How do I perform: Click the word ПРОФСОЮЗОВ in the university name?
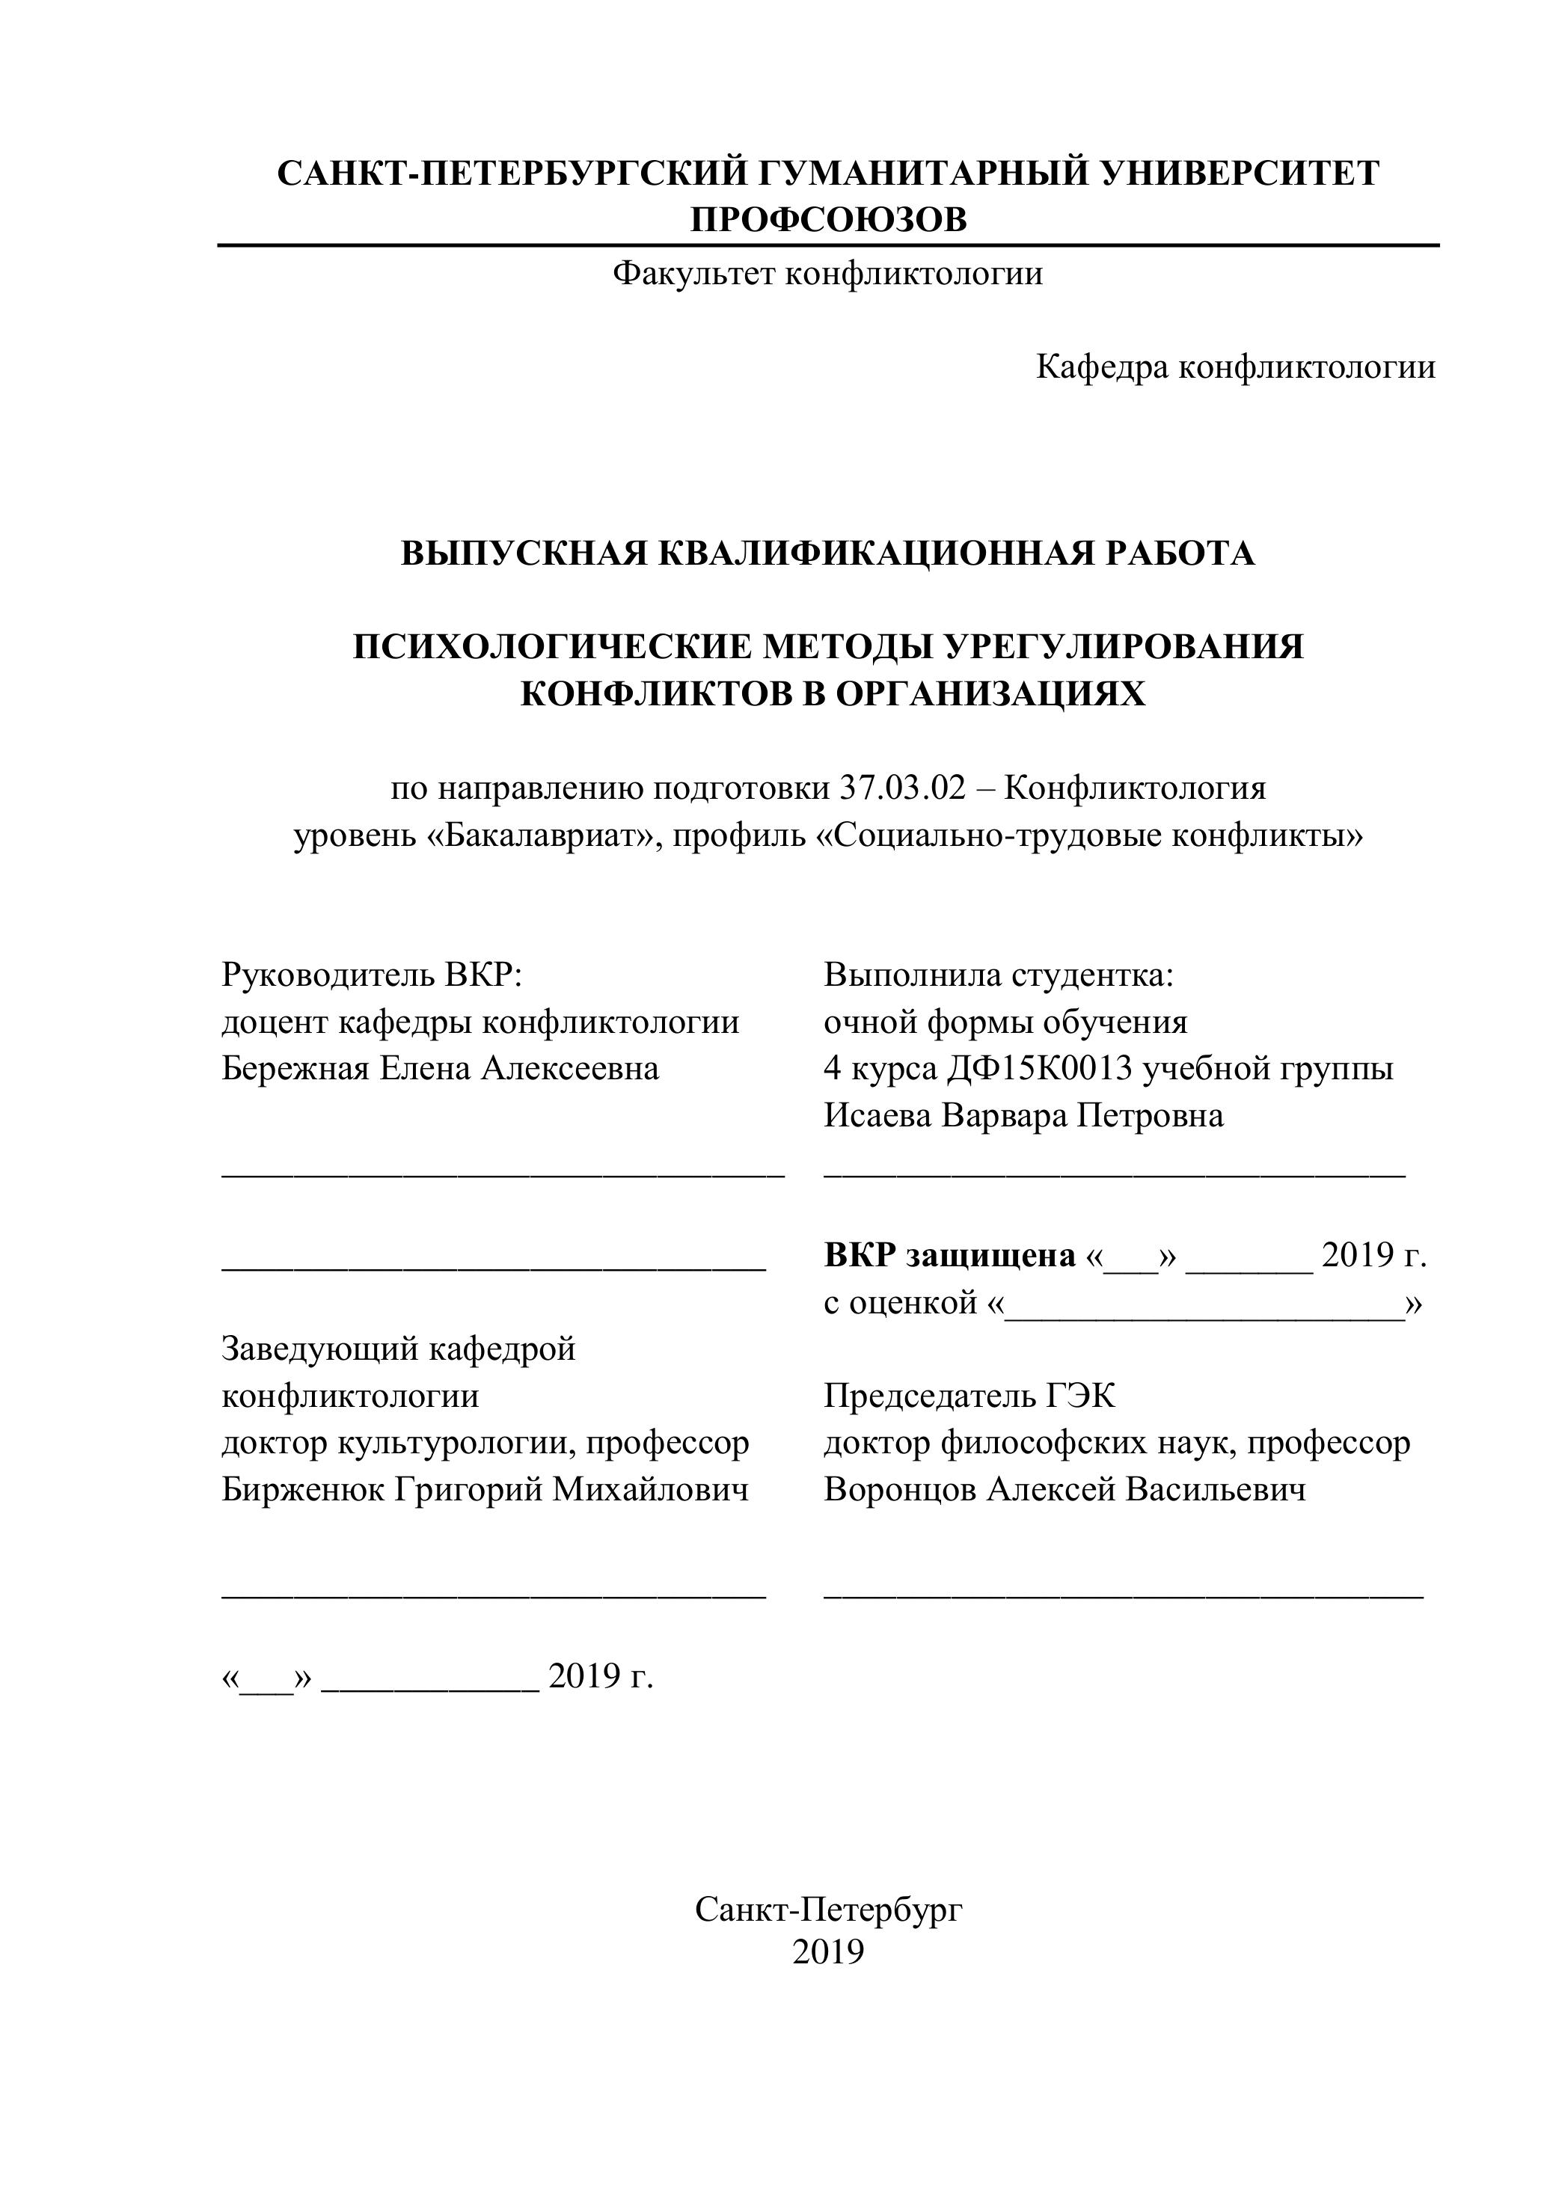(x=828, y=220)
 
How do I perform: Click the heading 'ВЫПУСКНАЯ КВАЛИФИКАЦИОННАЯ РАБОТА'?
(x=828, y=553)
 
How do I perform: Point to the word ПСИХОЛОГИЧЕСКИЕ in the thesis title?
(x=550, y=647)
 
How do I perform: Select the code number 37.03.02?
(x=902, y=788)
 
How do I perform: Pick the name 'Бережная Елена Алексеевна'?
(x=440, y=1068)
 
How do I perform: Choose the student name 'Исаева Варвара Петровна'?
(x=1023, y=1114)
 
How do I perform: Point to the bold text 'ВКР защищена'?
(x=949, y=1255)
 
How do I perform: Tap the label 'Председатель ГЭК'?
(x=969, y=1396)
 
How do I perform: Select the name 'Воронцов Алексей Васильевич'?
(x=1064, y=1489)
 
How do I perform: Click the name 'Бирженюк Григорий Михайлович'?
(x=485, y=1489)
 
